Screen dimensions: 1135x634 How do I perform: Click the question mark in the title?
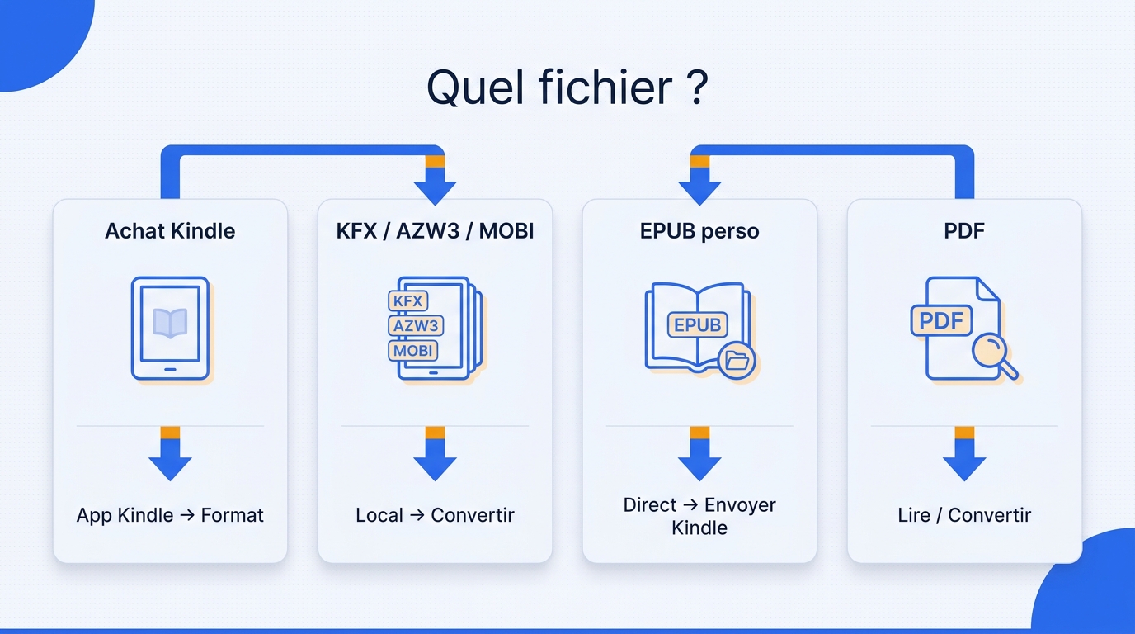tap(699, 88)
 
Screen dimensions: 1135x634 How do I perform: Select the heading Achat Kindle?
tap(170, 231)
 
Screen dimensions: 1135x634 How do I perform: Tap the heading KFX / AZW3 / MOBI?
tap(435, 231)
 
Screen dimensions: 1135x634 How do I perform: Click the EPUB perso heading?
tap(699, 232)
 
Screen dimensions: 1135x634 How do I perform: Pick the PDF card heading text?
tap(964, 231)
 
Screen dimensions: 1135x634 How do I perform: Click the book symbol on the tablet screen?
tap(170, 323)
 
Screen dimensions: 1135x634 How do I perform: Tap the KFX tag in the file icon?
tap(407, 300)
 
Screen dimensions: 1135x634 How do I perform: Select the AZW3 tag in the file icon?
tap(416, 325)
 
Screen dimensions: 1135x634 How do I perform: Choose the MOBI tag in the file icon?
tap(413, 351)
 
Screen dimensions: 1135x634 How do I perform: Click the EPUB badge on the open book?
tap(698, 324)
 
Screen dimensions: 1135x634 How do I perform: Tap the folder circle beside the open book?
tap(737, 361)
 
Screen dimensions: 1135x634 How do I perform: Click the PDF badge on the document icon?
tap(941, 320)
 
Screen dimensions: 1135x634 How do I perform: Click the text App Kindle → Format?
tap(170, 515)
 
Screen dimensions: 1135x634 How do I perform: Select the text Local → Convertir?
tap(435, 515)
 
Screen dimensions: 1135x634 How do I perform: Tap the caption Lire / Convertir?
tap(964, 515)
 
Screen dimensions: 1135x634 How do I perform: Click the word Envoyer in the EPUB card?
tap(740, 505)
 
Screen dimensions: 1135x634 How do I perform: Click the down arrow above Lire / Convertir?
tap(964, 453)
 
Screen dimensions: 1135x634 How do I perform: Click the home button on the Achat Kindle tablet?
tap(170, 369)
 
